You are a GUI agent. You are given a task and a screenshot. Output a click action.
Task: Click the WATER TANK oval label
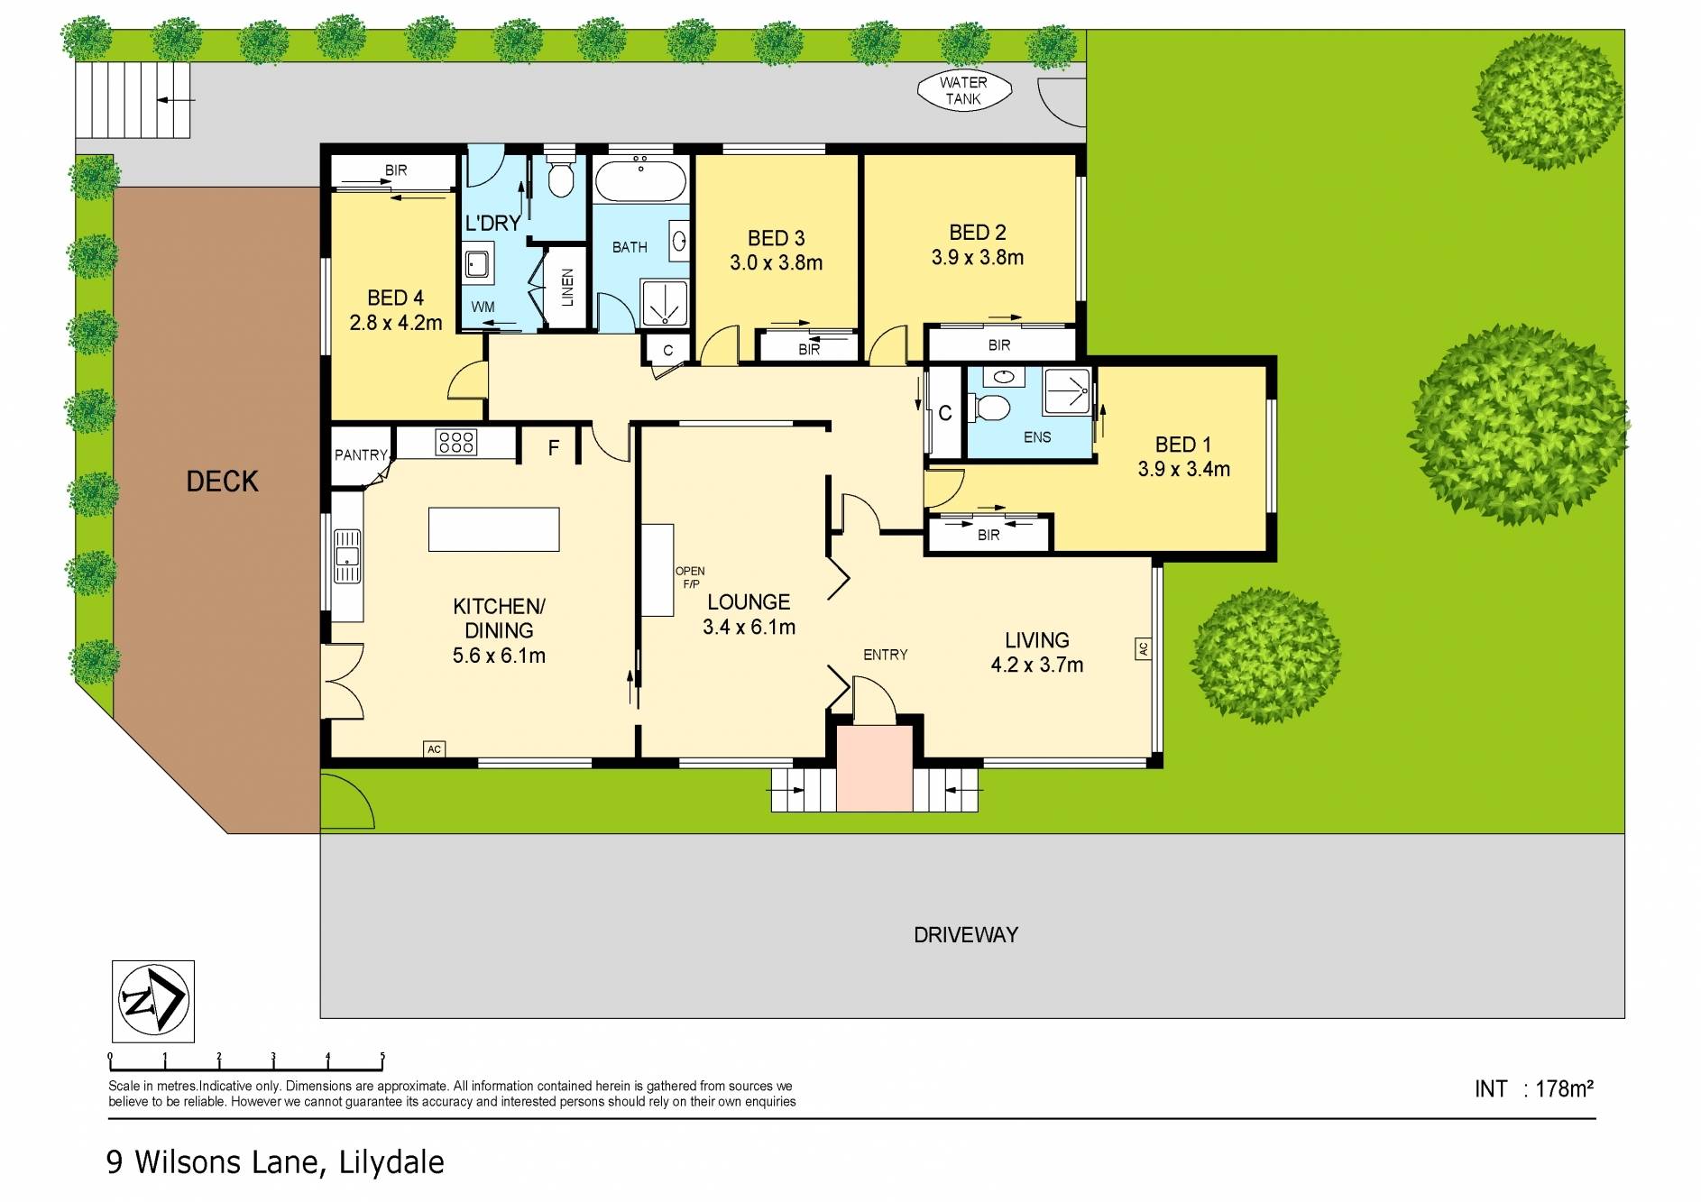(x=963, y=90)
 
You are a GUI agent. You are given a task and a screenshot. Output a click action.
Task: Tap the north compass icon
(x=152, y=1001)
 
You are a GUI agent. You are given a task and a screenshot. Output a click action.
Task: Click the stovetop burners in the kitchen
(x=455, y=442)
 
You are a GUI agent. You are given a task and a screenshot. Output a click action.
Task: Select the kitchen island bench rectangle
(x=493, y=529)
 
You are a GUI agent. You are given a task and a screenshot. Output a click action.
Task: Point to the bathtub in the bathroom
(x=640, y=181)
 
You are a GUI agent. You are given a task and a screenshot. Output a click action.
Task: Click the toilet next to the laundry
(x=561, y=177)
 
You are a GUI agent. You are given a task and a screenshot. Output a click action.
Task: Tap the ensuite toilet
(x=993, y=408)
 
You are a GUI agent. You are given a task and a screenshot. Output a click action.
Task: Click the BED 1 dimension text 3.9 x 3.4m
(x=1183, y=469)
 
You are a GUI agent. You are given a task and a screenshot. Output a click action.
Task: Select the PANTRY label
(x=361, y=455)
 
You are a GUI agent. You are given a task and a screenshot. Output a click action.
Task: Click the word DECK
(x=222, y=482)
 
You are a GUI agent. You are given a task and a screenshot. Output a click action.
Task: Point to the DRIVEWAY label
(x=966, y=935)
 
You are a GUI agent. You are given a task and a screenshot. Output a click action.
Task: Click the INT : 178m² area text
(x=1533, y=1089)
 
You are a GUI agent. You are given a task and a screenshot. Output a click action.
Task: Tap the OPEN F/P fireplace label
(x=690, y=577)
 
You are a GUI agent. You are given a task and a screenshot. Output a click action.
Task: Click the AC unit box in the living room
(x=1143, y=648)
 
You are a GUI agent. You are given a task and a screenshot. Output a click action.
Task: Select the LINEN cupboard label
(x=567, y=288)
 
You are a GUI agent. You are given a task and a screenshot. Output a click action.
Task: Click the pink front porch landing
(x=874, y=767)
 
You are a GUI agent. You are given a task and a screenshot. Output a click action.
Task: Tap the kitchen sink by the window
(x=347, y=555)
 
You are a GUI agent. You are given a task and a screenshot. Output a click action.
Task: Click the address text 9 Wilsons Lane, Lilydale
(x=275, y=1161)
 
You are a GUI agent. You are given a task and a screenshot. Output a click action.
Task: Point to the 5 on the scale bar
(x=382, y=1057)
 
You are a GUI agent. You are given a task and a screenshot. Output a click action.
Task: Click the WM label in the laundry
(x=483, y=307)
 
